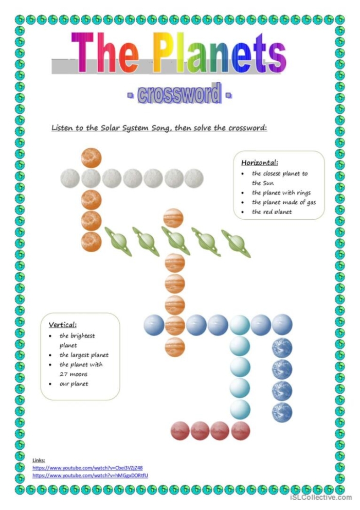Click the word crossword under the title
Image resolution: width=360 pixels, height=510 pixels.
coord(178,95)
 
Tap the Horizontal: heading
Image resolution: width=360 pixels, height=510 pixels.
coord(259,163)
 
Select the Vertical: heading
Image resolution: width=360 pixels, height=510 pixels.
coord(63,325)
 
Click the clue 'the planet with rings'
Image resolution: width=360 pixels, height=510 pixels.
coord(281,193)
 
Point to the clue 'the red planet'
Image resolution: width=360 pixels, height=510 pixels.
coord(272,212)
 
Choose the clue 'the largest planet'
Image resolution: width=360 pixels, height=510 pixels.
coord(84,355)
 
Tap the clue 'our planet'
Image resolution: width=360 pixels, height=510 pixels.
coord(74,384)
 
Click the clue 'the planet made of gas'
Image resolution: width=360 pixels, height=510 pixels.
coord(284,202)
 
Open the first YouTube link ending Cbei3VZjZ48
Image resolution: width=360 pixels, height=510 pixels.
coord(87,468)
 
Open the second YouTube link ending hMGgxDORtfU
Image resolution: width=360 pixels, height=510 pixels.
coord(90,476)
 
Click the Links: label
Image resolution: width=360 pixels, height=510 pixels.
coord(39,460)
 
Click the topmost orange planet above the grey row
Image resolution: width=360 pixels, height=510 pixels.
coord(91,157)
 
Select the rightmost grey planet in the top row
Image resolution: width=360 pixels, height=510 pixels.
coord(194,178)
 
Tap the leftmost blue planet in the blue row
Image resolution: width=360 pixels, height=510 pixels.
coord(154,325)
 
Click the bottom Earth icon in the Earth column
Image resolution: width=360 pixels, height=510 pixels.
coord(282,412)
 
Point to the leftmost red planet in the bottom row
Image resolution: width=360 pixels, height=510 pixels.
coord(181,431)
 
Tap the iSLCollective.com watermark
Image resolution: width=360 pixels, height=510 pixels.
coord(320,497)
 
